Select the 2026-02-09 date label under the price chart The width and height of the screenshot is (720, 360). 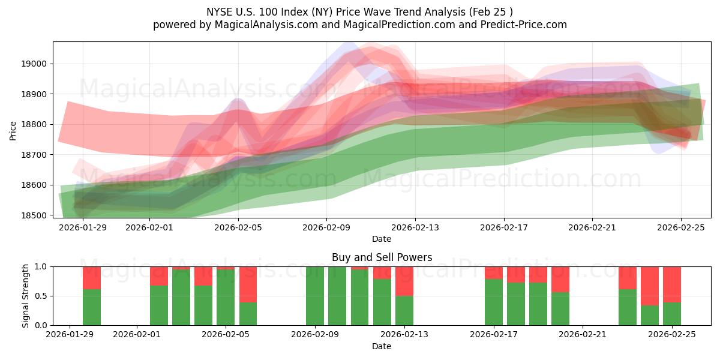click(x=327, y=228)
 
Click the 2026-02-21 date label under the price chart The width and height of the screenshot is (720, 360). click(x=592, y=228)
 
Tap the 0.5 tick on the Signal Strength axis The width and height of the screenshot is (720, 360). click(x=42, y=296)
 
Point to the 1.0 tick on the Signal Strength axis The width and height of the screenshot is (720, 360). click(x=42, y=266)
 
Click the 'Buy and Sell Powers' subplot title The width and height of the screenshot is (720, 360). click(x=382, y=257)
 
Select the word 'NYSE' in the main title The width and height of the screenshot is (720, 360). click(x=220, y=11)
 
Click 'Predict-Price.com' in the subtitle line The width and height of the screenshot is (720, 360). click(x=526, y=25)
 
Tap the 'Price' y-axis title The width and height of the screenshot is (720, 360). click(x=13, y=130)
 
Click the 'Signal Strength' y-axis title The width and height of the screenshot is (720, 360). click(x=26, y=295)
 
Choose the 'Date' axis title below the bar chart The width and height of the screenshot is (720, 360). click(x=382, y=346)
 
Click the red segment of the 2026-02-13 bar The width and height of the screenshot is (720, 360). click(x=404, y=281)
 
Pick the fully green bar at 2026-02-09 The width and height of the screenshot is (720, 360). click(x=315, y=296)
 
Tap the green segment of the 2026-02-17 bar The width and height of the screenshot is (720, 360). click(x=494, y=302)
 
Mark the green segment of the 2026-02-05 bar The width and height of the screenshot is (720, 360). click(x=226, y=298)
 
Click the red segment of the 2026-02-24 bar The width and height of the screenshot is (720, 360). click(x=650, y=286)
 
